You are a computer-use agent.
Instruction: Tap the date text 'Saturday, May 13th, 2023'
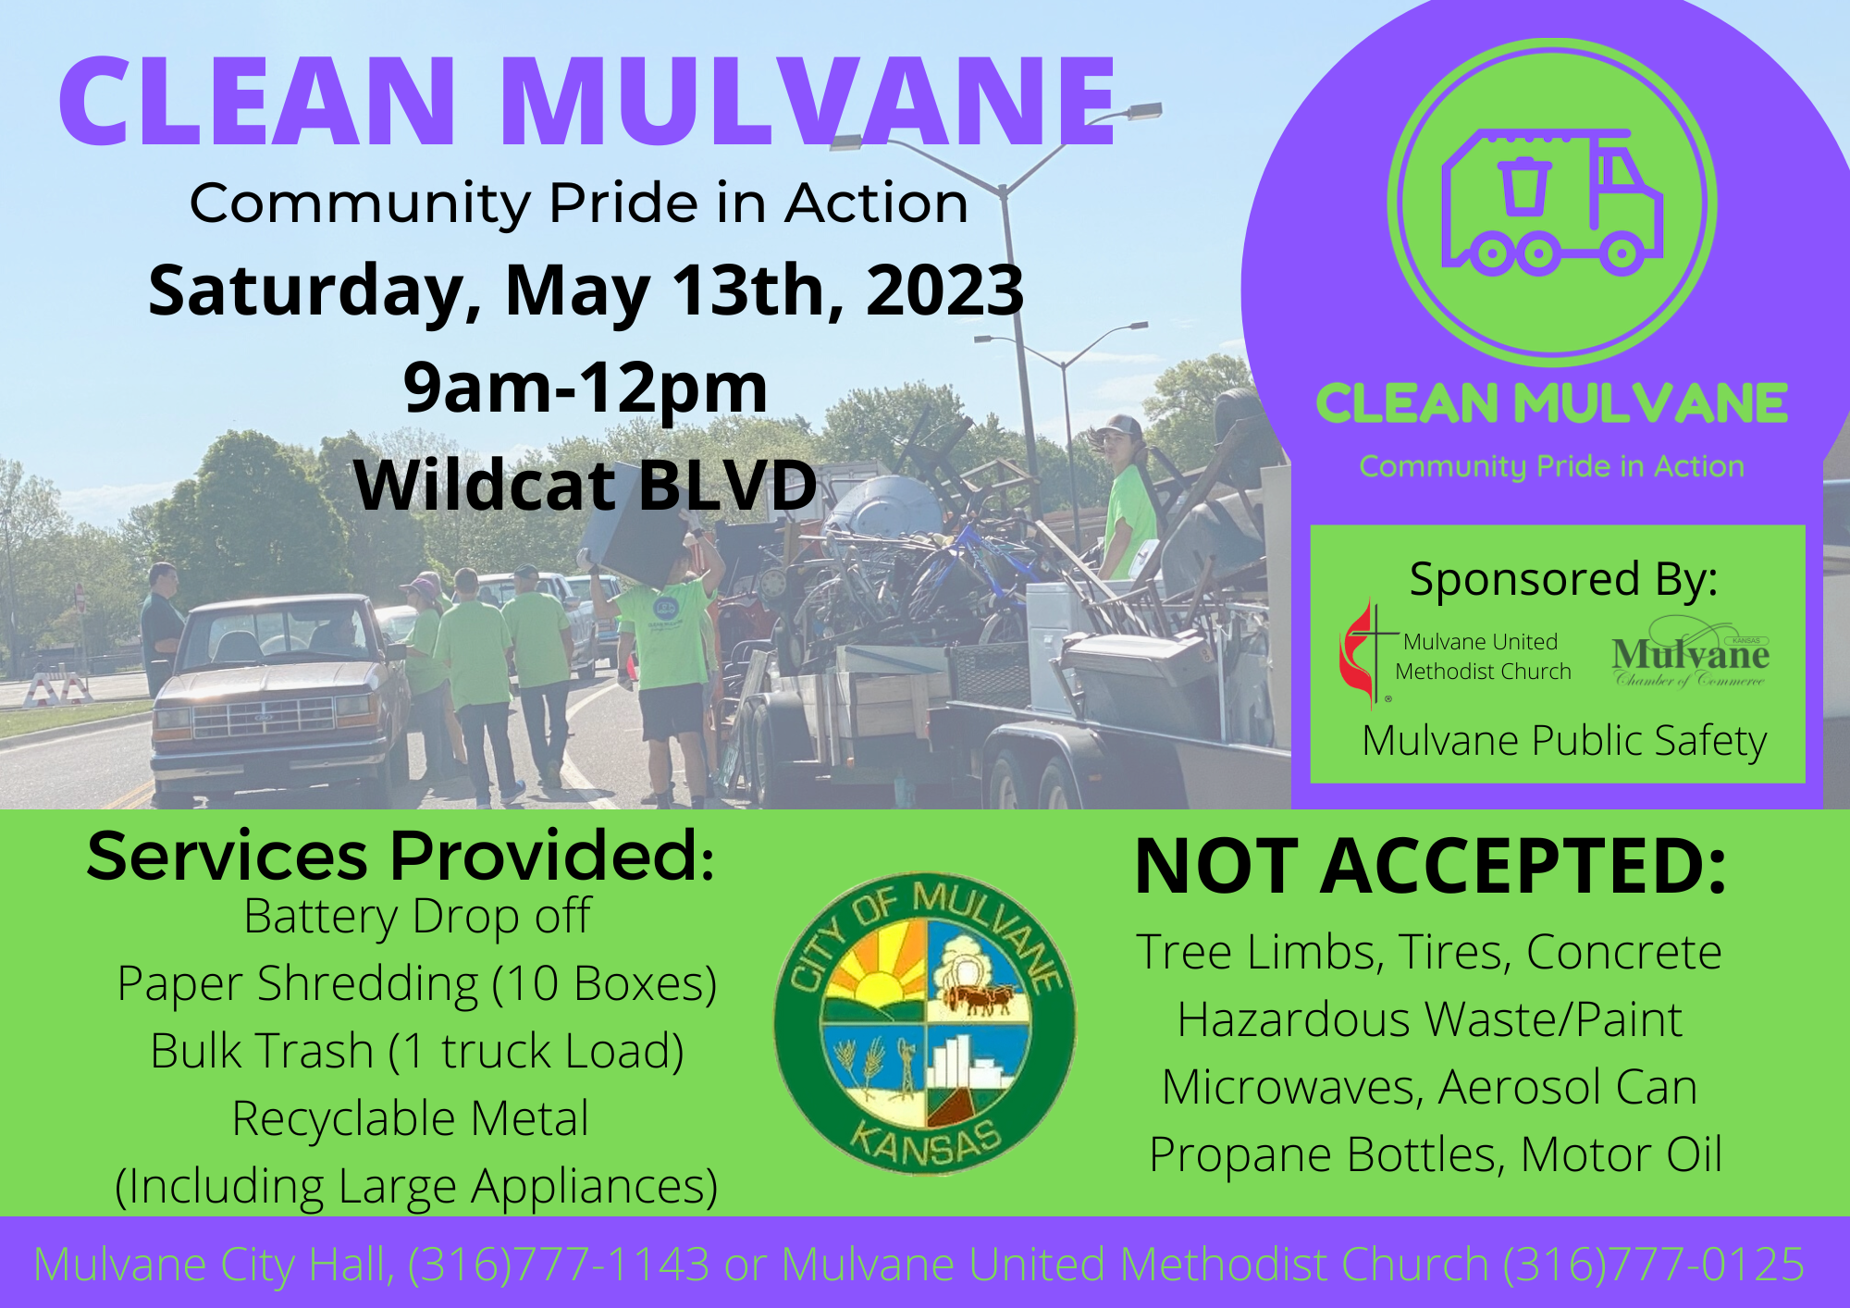pyautogui.click(x=586, y=290)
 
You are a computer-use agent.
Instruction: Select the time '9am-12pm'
pyautogui.click(x=586, y=388)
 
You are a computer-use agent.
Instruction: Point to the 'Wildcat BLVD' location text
pyautogui.click(x=586, y=485)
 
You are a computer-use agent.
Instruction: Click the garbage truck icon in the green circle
pyautogui.click(x=1552, y=204)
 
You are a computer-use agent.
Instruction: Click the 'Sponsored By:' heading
pyautogui.click(x=1563, y=580)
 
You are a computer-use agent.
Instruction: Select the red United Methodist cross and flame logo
pyautogui.click(x=1360, y=653)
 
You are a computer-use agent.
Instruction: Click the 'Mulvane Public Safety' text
pyautogui.click(x=1564, y=741)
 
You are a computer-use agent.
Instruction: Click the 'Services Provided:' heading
pyautogui.click(x=401, y=856)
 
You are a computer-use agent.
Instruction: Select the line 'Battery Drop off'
pyautogui.click(x=417, y=917)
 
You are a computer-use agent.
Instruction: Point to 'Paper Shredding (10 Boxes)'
pyautogui.click(x=417, y=983)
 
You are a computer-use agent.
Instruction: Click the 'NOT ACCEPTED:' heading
pyautogui.click(x=1430, y=868)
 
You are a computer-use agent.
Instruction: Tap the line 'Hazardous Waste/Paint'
pyautogui.click(x=1430, y=1019)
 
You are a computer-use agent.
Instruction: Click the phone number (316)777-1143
pyautogui.click(x=559, y=1265)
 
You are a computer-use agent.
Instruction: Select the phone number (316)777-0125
pyautogui.click(x=1654, y=1265)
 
